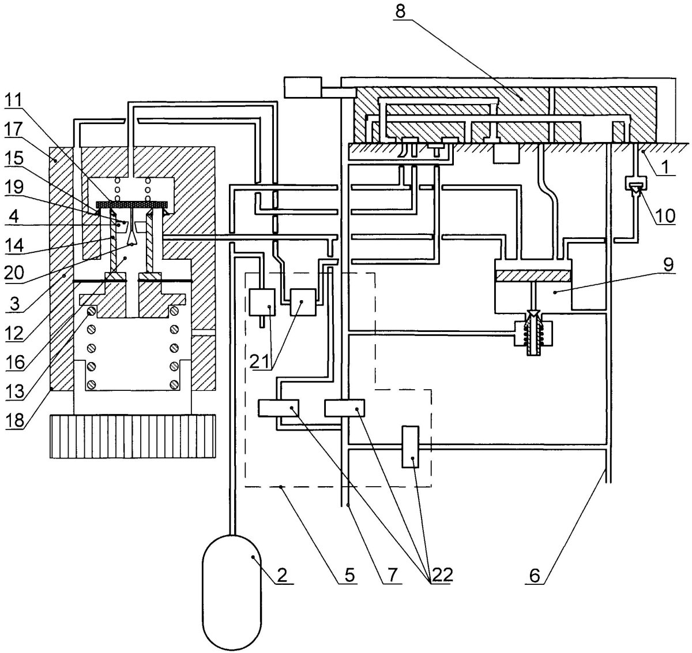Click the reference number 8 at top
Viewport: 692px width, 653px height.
click(401, 12)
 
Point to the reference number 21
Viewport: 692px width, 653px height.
click(259, 362)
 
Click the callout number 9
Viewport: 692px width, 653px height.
click(668, 265)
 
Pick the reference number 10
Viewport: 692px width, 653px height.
click(665, 216)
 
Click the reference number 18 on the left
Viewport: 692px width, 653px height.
click(14, 420)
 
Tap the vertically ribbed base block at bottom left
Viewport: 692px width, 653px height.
click(133, 436)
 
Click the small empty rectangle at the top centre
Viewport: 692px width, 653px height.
click(302, 87)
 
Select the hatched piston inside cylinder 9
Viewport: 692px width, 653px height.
click(533, 276)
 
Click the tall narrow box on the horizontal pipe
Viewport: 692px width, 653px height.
click(411, 447)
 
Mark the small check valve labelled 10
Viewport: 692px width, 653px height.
click(636, 185)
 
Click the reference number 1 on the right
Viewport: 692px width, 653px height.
click(665, 167)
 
